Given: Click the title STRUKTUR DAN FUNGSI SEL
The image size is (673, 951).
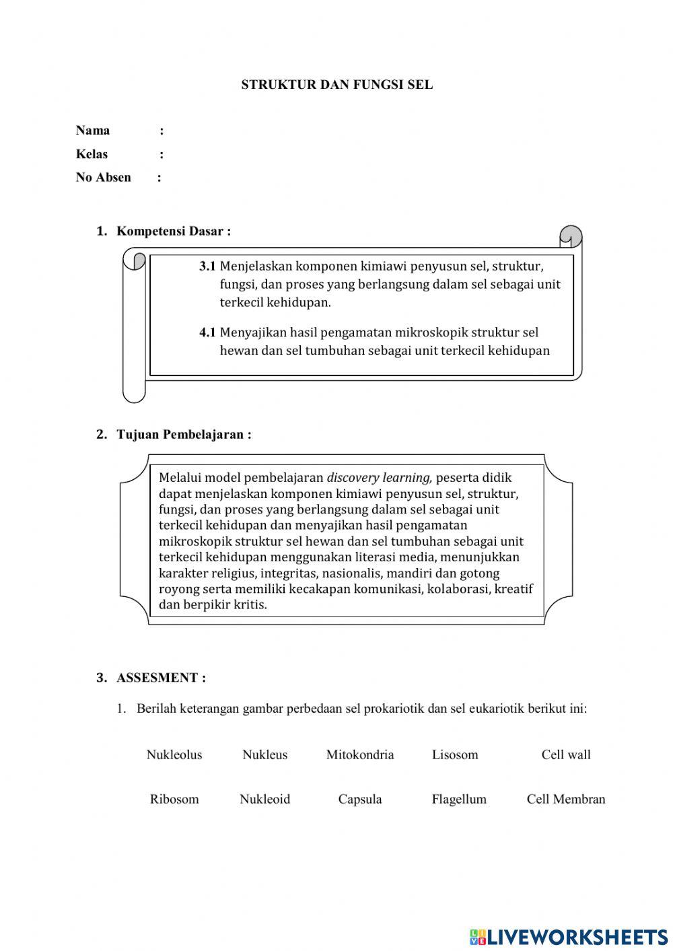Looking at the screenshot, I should (x=336, y=85).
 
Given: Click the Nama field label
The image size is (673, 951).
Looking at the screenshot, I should (x=93, y=131).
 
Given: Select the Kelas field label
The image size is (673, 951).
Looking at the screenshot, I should (x=92, y=154).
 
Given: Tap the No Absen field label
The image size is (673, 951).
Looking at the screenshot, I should (x=103, y=178).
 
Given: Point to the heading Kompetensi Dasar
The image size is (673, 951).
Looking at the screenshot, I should (x=174, y=232).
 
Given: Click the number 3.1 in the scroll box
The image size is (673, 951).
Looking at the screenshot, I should (x=207, y=266).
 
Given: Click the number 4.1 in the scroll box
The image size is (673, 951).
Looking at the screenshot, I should (x=207, y=332).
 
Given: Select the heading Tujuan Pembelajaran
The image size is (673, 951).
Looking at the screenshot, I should (x=184, y=435).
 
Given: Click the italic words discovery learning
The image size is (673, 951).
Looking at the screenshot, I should (x=379, y=478).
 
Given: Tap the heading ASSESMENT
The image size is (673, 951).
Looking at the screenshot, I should (x=161, y=678).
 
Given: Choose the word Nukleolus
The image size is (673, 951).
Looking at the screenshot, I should (x=174, y=754).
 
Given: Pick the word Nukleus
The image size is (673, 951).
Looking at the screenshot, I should (x=264, y=754).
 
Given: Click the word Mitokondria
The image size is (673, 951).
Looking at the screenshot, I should (x=360, y=754).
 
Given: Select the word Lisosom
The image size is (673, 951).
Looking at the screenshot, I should (x=455, y=754).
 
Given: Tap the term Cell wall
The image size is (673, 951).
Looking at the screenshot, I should (x=566, y=754).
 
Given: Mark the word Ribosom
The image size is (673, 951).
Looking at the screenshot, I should (x=174, y=799).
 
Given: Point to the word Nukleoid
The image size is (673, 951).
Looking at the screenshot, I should (x=264, y=799).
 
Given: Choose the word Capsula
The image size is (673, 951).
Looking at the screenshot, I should (x=360, y=799).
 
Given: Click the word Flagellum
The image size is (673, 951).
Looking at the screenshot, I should (x=459, y=799).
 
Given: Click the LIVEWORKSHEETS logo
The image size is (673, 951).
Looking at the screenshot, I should (x=569, y=936).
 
